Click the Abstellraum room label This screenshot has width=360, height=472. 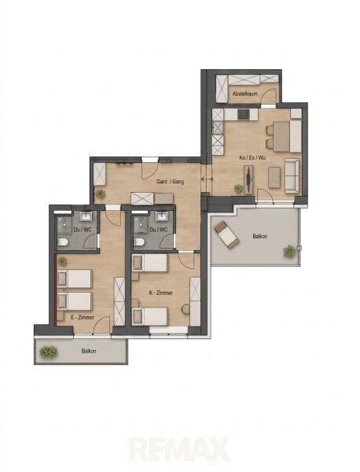point(244,94)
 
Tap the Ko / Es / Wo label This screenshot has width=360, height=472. point(252,158)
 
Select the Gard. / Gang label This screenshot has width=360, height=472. point(170,182)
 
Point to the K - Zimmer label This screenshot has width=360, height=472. point(161,293)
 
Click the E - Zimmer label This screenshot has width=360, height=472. point(82,317)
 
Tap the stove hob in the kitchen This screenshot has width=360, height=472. point(244,114)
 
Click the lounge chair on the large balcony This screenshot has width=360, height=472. point(226,234)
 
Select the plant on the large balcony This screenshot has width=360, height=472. point(289,252)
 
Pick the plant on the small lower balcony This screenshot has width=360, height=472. point(48,352)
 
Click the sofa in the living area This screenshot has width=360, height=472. point(292,175)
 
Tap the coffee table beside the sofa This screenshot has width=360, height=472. point(274,177)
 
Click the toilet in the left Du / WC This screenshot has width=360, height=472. point(63,242)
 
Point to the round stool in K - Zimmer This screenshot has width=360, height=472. point(186,309)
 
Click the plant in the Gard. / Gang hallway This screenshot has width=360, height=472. point(100,194)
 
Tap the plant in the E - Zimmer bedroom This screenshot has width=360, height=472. point(63,261)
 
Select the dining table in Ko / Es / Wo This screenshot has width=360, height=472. point(281,136)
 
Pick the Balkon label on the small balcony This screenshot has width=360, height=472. point(89,351)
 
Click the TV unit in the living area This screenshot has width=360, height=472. point(248,179)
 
